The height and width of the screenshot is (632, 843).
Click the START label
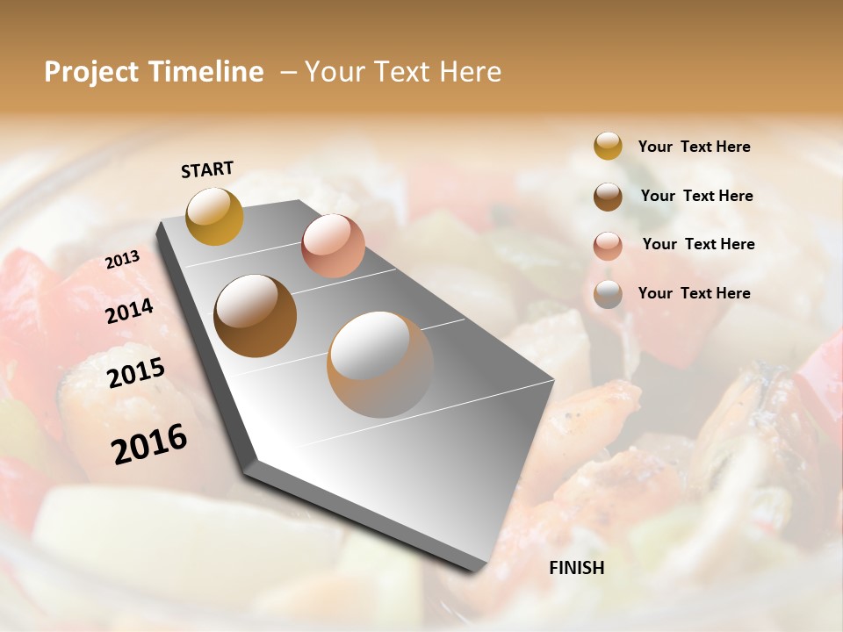click(x=207, y=169)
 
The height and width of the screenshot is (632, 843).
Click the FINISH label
click(x=577, y=568)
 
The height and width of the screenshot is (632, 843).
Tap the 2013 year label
click(x=122, y=260)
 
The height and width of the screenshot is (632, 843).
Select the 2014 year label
click(x=129, y=312)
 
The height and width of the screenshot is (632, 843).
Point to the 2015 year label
click(x=136, y=373)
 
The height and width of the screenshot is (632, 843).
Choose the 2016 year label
click(x=149, y=443)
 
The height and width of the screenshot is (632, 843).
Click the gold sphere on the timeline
click(x=214, y=216)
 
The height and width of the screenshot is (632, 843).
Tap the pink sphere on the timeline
click(x=333, y=246)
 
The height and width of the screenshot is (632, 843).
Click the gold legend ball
click(x=608, y=147)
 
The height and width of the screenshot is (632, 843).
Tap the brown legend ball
click(x=608, y=197)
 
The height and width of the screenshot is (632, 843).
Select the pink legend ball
click(x=608, y=246)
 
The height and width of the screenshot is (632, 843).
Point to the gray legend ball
click(x=608, y=294)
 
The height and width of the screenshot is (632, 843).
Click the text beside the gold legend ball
click(x=694, y=147)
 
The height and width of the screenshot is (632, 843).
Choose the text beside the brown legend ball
click(x=696, y=196)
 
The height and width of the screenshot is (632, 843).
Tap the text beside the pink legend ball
click(x=698, y=244)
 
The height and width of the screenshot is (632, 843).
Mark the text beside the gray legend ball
click(x=694, y=293)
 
